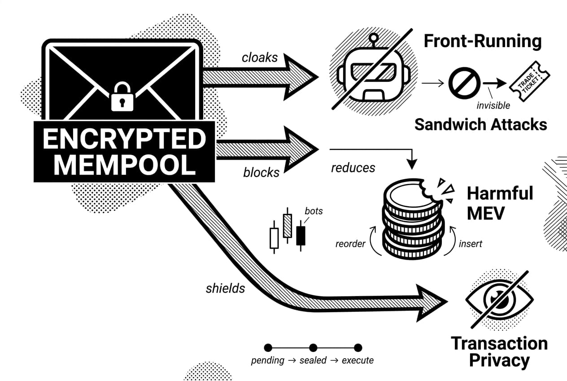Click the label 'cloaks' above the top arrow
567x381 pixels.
click(x=260, y=58)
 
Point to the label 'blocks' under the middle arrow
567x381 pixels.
click(x=261, y=173)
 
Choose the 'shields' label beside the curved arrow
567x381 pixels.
click(x=225, y=288)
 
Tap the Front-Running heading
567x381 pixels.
click(x=483, y=41)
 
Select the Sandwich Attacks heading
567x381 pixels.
click(x=480, y=124)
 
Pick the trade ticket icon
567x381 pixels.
click(x=530, y=84)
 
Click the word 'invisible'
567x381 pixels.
click(x=493, y=105)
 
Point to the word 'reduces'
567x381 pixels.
click(x=353, y=168)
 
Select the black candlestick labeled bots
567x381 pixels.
click(x=301, y=235)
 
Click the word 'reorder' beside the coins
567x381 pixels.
click(x=350, y=244)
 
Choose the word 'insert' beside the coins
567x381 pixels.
click(x=471, y=244)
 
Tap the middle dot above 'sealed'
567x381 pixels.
click(x=313, y=347)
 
